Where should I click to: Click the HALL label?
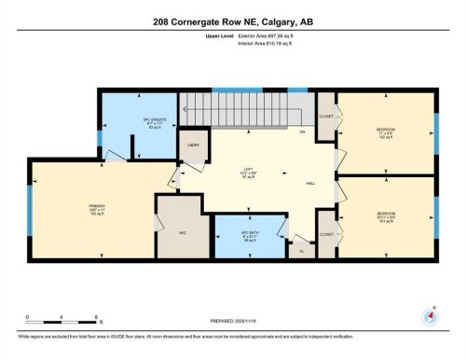pyautogui.click(x=295, y=185)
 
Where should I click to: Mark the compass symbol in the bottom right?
pyautogui.click(x=431, y=314)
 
